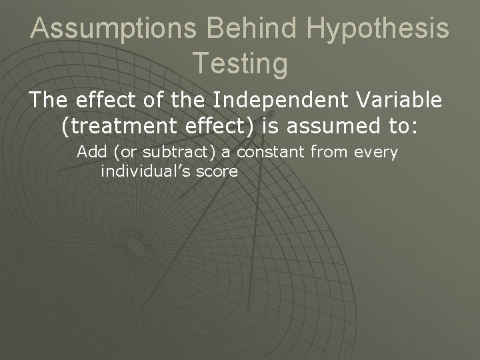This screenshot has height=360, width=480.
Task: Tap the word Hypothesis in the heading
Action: coord(390,29)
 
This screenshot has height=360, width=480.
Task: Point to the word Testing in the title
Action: coord(240,63)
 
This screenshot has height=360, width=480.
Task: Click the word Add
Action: coord(93,152)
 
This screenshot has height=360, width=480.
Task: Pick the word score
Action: coord(217,171)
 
